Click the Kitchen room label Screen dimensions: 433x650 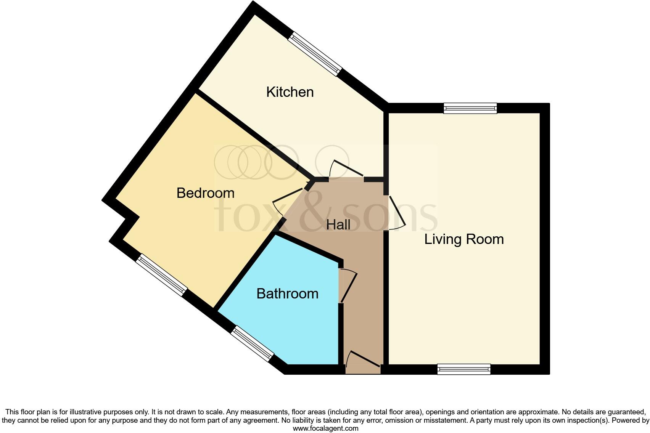[x=290, y=92]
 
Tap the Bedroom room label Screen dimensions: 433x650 [x=205, y=193]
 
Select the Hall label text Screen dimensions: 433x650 [x=338, y=225]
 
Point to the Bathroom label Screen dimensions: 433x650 [x=287, y=294]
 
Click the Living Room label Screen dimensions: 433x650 [x=464, y=239]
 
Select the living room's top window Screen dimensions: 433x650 [x=470, y=108]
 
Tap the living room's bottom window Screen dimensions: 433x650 [x=464, y=369]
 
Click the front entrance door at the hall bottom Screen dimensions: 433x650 [x=363, y=360]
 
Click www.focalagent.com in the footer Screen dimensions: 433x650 [x=325, y=428]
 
